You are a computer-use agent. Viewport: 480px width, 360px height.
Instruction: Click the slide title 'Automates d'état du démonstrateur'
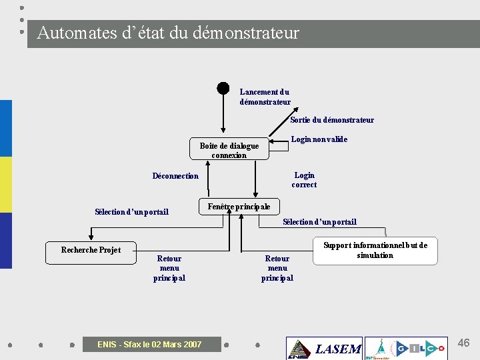pyautogui.click(x=168, y=33)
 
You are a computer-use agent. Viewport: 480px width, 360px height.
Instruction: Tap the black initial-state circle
pyautogui.click(x=223, y=88)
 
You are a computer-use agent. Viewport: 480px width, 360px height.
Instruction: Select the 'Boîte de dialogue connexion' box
pyautogui.click(x=229, y=150)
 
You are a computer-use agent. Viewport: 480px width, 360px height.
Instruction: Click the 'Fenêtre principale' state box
pyautogui.click(x=239, y=207)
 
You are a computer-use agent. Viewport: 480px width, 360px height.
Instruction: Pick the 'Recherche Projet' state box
pyautogui.click(x=91, y=251)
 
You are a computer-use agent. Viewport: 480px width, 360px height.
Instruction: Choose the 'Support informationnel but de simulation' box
pyautogui.click(x=375, y=251)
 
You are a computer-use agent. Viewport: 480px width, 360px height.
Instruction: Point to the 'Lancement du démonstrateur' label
pyautogui.click(x=265, y=97)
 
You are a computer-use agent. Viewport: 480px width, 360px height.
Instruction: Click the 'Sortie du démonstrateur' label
pyautogui.click(x=332, y=120)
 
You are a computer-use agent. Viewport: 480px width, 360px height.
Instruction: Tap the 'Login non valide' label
pyautogui.click(x=319, y=139)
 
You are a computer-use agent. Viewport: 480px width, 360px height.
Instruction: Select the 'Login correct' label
pyautogui.click(x=304, y=180)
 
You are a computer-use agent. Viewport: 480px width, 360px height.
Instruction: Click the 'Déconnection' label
pyautogui.click(x=175, y=176)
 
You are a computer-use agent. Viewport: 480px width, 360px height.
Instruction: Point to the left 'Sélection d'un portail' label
pyautogui.click(x=131, y=212)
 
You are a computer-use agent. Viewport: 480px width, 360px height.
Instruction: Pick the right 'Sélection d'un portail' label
pyautogui.click(x=319, y=222)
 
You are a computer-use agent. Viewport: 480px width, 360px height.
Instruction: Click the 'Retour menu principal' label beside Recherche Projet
pyautogui.click(x=169, y=268)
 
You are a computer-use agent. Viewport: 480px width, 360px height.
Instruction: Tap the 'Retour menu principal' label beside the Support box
pyautogui.click(x=277, y=268)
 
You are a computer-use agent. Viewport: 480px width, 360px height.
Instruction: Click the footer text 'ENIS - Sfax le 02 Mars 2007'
pyautogui.click(x=149, y=345)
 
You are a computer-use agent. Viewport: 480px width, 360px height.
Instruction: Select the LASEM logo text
pyautogui.click(x=337, y=349)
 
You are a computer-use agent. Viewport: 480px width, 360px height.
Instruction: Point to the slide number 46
pyautogui.click(x=463, y=343)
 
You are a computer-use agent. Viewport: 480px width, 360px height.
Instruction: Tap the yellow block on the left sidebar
pyautogui.click(x=6, y=185)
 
